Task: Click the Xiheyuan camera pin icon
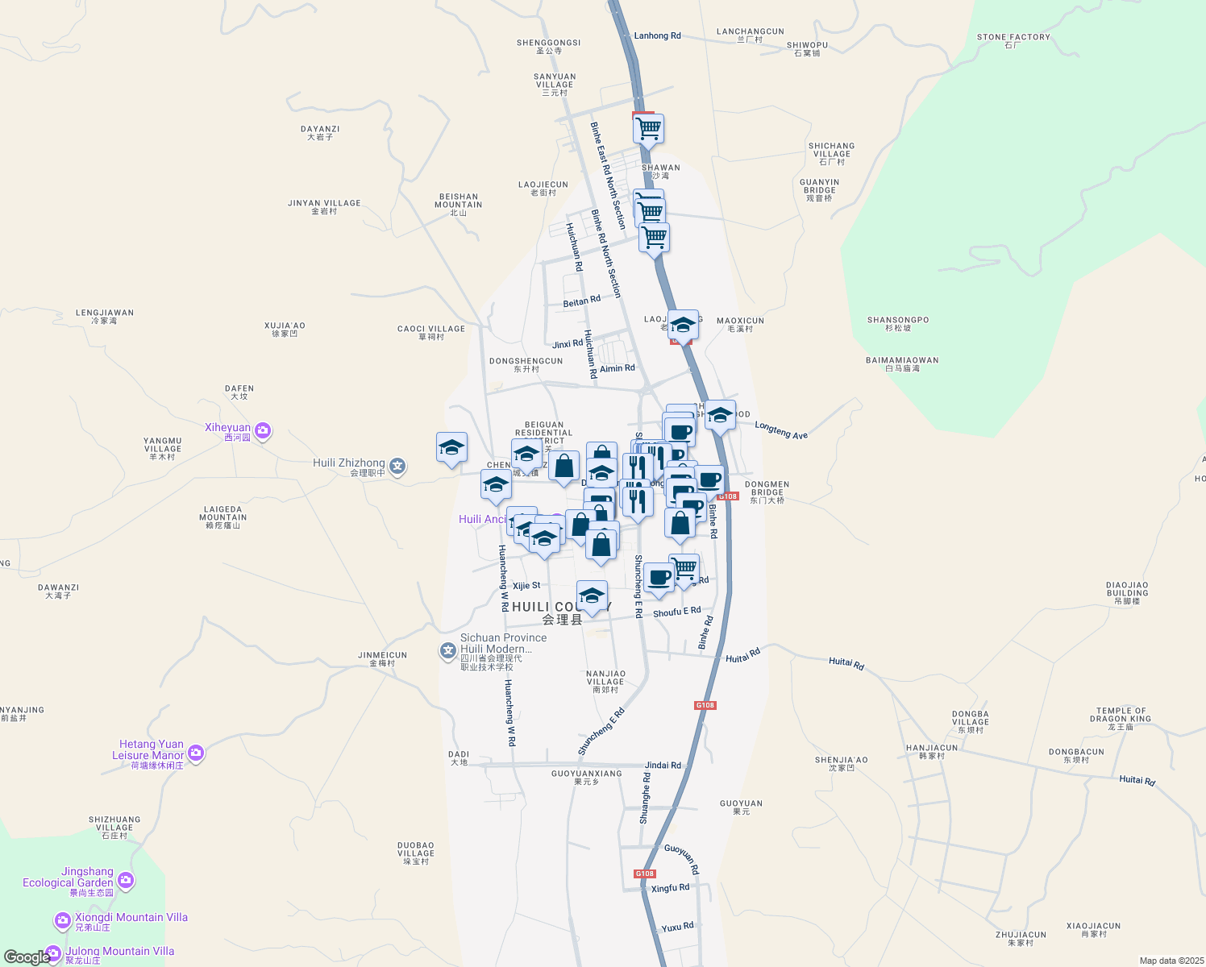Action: click(x=261, y=431)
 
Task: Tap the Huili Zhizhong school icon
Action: click(x=397, y=465)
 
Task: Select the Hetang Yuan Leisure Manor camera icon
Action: click(x=195, y=753)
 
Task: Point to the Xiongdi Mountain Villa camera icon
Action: click(x=62, y=920)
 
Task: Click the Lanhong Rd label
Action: click(x=657, y=36)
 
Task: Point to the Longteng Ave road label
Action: click(x=780, y=430)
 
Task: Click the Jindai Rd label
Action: click(x=663, y=766)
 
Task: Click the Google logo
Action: click(x=27, y=957)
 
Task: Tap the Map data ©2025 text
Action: click(x=1170, y=961)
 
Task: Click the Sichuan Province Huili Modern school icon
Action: click(x=448, y=650)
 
